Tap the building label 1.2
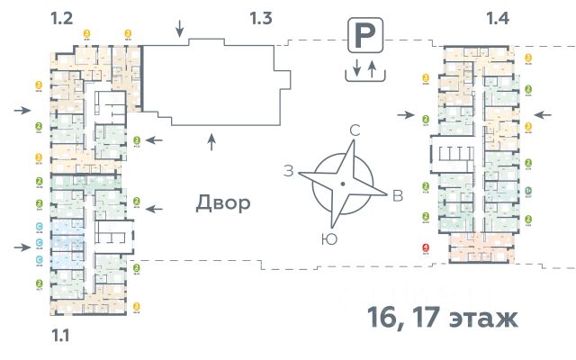pos(61,16)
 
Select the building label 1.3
pos(260,16)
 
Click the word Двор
pos(223,203)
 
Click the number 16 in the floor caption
pos(383,318)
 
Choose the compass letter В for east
pos(397,196)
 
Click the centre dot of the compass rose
pos(343,184)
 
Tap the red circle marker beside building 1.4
pos(426,249)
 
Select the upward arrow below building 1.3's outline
pos(211,139)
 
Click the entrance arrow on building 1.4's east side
pos(543,114)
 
